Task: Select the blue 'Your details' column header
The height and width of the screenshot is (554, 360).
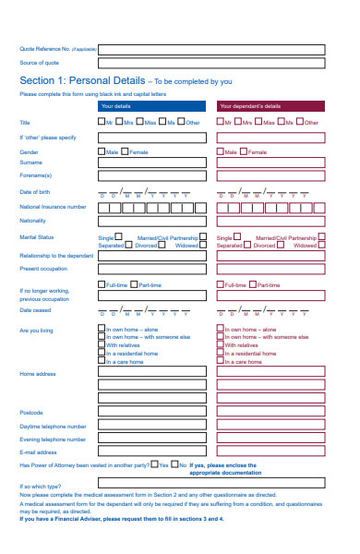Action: (x=151, y=107)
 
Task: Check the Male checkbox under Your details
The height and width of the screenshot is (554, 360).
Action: (x=102, y=151)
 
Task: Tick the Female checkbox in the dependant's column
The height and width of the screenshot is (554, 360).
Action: (x=245, y=151)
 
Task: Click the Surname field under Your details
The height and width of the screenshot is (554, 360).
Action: (x=151, y=163)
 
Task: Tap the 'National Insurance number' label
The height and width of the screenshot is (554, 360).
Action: (x=53, y=207)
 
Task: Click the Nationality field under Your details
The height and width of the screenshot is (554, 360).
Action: (x=151, y=222)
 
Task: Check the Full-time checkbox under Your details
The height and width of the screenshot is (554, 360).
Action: (x=102, y=284)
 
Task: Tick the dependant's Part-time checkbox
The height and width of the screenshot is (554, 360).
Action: (x=254, y=284)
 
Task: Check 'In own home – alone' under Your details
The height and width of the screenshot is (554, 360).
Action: (x=102, y=328)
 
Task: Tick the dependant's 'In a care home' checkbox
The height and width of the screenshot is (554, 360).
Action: (x=220, y=361)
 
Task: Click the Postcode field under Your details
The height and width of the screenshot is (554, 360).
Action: (x=151, y=412)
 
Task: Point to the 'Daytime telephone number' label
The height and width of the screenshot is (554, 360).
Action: (x=53, y=427)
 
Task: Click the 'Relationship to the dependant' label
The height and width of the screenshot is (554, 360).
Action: (x=56, y=255)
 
